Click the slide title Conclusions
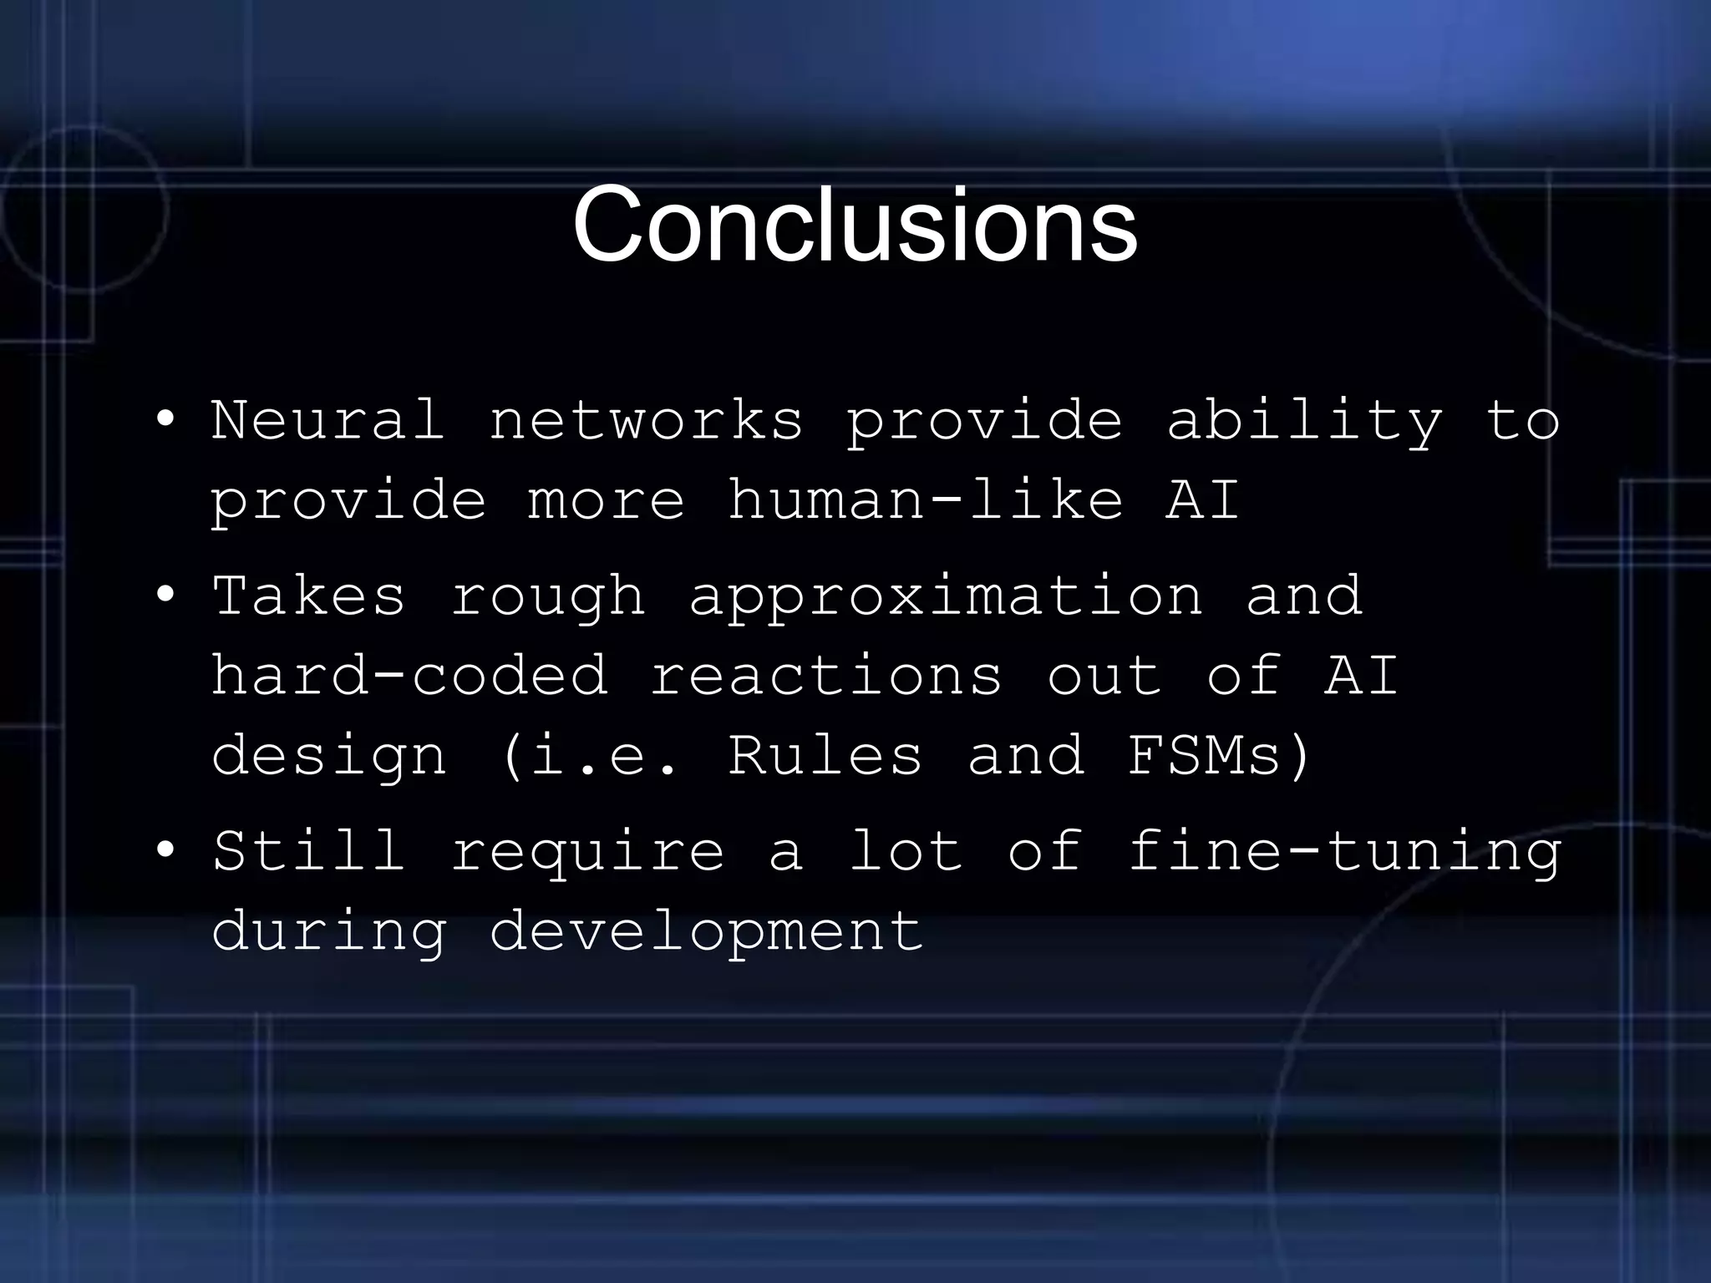[x=855, y=226]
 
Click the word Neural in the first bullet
[x=327, y=419]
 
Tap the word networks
[x=646, y=419]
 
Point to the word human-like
[x=925, y=500]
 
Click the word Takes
[x=308, y=596]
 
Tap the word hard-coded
[x=409, y=675]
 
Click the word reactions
[x=825, y=675]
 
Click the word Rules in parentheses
[x=825, y=755]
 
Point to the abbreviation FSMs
[x=1204, y=755]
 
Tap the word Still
[x=308, y=850]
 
